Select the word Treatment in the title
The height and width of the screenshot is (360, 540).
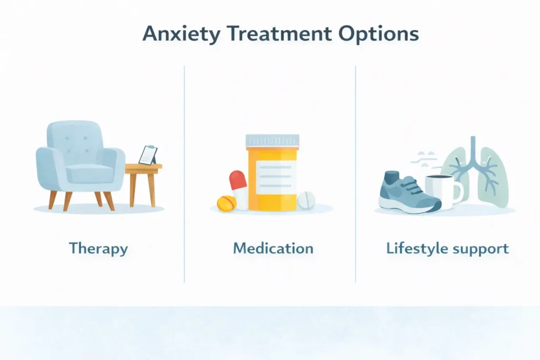(264, 34)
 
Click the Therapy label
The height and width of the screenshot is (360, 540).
(98, 248)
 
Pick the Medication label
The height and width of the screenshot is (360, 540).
(273, 248)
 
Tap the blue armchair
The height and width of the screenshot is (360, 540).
(79, 161)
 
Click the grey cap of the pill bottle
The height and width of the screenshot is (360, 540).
(272, 140)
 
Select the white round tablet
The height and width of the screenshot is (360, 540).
(306, 200)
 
